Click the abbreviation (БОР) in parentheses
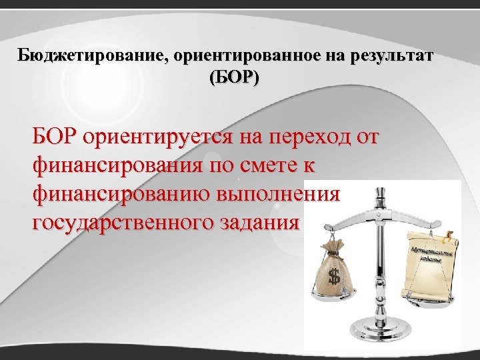point(235,77)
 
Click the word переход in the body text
point(302,138)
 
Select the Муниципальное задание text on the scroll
point(432,256)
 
